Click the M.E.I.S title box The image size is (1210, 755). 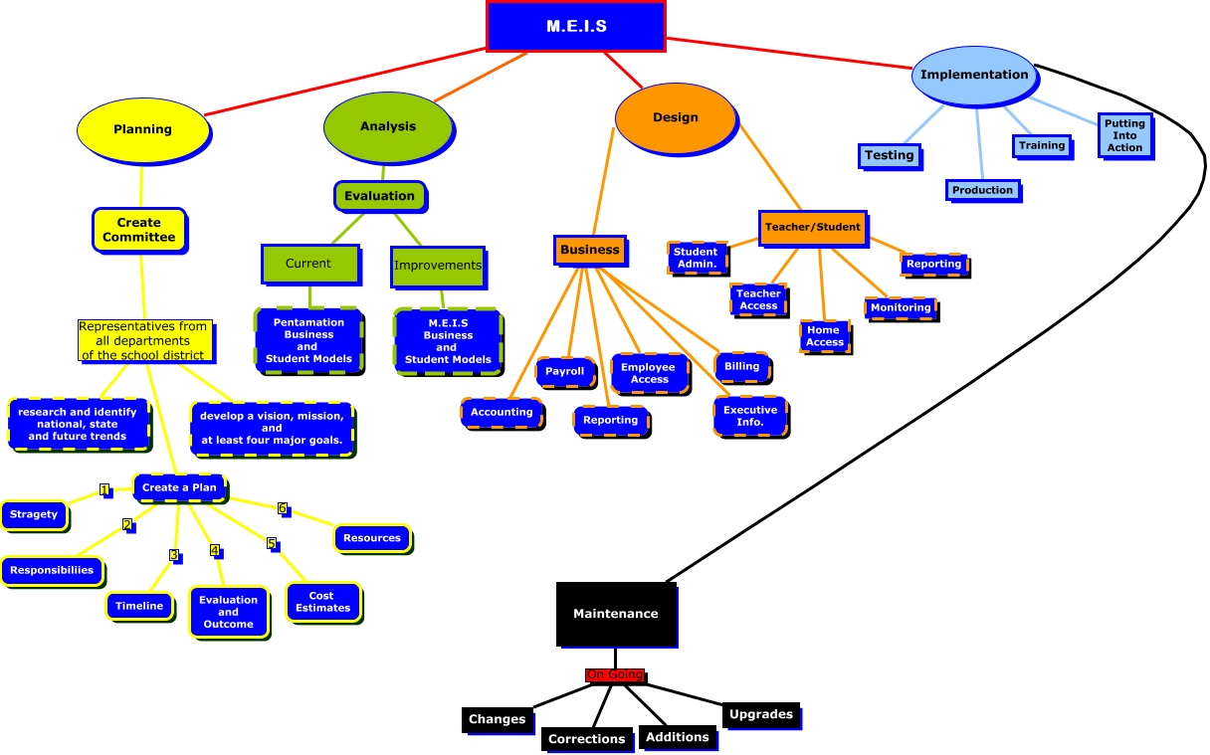pyautogui.click(x=575, y=26)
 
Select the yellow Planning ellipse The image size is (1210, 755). pyautogui.click(x=143, y=129)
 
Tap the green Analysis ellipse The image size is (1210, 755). pyautogui.click(x=387, y=126)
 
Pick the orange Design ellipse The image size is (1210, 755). pyautogui.click(x=676, y=117)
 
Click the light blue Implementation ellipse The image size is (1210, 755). pyautogui.click(x=973, y=75)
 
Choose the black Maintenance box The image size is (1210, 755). pyautogui.click(x=615, y=614)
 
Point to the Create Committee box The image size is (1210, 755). pyautogui.click(x=138, y=230)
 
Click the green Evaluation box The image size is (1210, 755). pyautogui.click(x=379, y=196)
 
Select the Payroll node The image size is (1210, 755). pyautogui.click(x=565, y=372)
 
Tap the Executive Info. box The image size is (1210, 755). pyautogui.click(x=750, y=416)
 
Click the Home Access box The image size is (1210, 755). pyautogui.click(x=824, y=336)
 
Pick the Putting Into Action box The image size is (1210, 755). pyautogui.click(x=1123, y=135)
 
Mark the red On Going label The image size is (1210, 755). pyautogui.click(x=614, y=675)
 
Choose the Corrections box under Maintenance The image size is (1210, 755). pyautogui.click(x=586, y=739)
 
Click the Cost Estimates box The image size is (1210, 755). pyautogui.click(x=322, y=602)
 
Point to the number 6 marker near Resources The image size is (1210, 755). pyautogui.click(x=283, y=508)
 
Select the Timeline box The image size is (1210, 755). pyautogui.click(x=139, y=606)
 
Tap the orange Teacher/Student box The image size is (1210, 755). pyautogui.click(x=812, y=227)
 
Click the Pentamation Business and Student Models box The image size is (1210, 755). pyautogui.click(x=308, y=340)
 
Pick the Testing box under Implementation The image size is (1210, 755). pyautogui.click(x=889, y=155)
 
